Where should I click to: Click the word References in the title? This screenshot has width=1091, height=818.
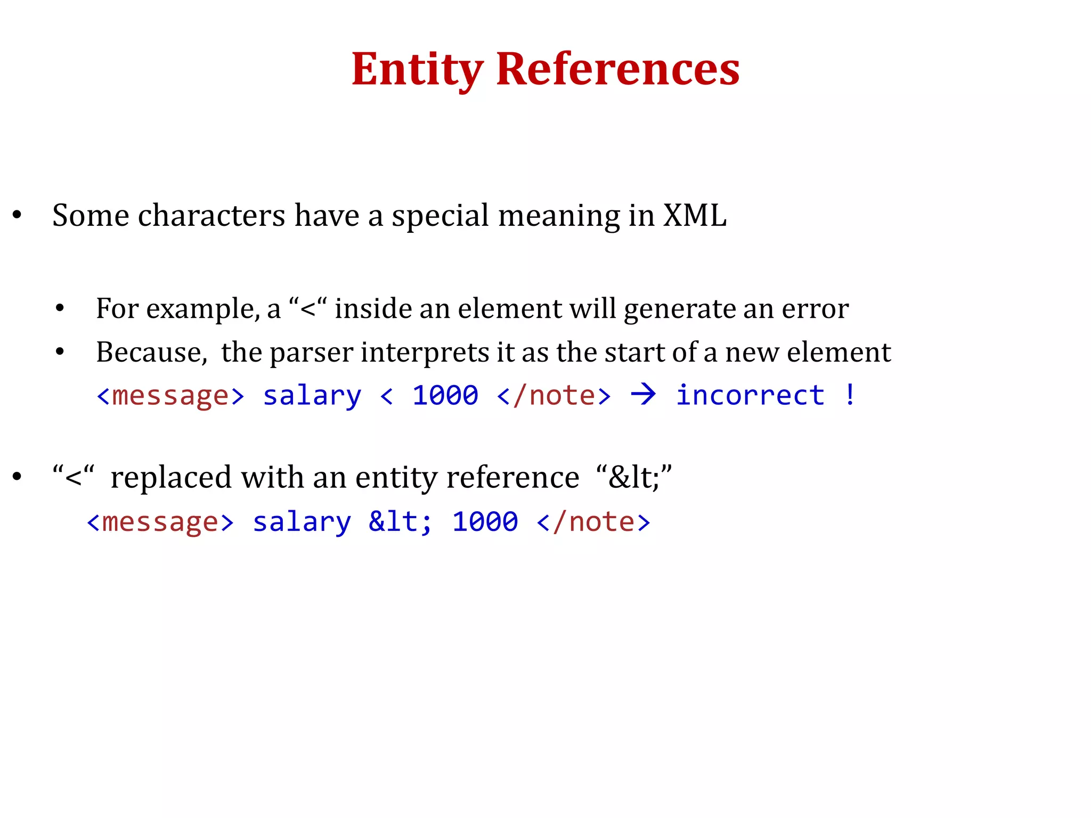[618, 69]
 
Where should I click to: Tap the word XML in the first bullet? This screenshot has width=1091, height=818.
[695, 216]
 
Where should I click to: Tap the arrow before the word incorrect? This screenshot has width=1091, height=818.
[643, 395]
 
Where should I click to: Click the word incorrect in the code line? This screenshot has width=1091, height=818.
[750, 395]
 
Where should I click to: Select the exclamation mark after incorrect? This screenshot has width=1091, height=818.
[850, 395]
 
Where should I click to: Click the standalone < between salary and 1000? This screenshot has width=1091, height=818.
[387, 396]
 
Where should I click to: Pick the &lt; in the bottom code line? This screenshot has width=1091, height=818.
[400, 521]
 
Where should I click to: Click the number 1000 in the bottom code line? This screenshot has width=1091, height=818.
[485, 521]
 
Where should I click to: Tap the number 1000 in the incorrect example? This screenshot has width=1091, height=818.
[445, 395]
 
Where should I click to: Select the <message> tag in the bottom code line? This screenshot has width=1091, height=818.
[160, 522]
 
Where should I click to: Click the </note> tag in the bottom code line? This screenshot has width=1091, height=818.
[593, 522]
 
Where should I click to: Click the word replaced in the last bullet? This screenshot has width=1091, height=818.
[170, 477]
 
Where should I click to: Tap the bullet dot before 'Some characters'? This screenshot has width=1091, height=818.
[18, 215]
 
